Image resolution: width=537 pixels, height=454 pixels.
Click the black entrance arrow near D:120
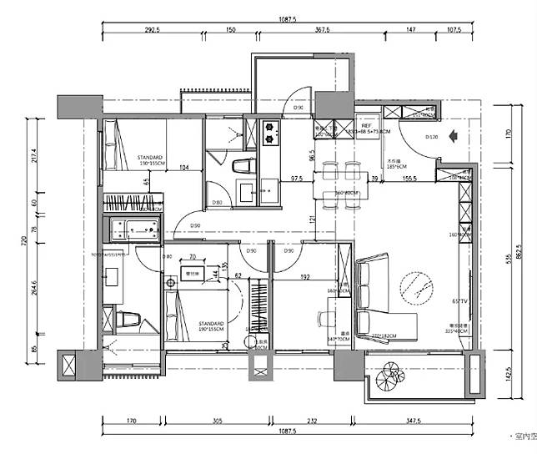[x=454, y=134]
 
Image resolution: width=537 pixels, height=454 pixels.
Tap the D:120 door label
[x=432, y=136]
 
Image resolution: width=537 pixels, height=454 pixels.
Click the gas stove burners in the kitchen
[x=273, y=130]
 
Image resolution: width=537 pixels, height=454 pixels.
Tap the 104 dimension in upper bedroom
[x=183, y=168]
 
